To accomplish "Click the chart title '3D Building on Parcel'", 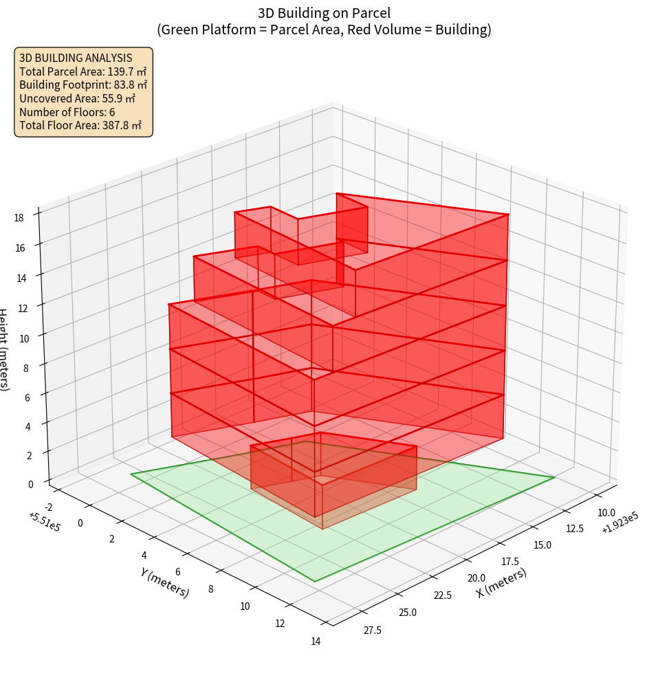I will tap(324, 13).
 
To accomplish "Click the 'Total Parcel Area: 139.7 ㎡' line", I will tap(82, 71).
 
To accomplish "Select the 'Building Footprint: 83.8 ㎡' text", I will tap(83, 85).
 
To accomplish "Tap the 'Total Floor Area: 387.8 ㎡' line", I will tap(80, 126).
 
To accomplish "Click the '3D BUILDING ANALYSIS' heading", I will tap(76, 58).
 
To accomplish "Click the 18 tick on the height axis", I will tap(19, 218).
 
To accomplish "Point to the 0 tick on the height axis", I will tap(31, 484).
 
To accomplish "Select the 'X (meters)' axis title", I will tap(502, 582).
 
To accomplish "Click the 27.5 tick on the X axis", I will tap(373, 630).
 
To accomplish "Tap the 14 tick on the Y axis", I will tap(316, 641).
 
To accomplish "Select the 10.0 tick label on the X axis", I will tap(606, 512).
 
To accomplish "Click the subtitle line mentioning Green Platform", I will tap(324, 30).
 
